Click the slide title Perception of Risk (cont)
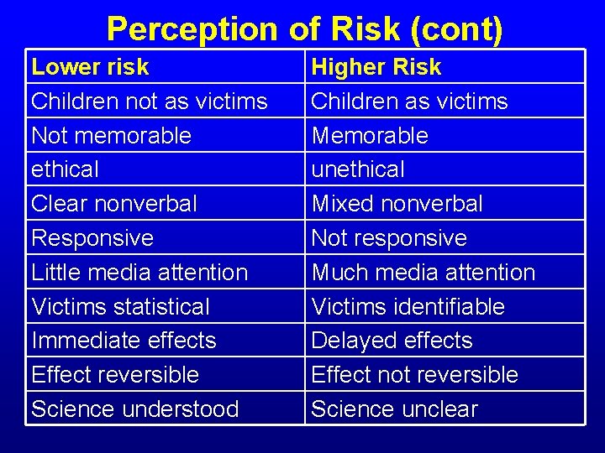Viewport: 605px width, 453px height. tap(304, 29)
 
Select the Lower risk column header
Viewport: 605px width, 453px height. tap(90, 66)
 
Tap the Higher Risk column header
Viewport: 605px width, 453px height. tap(376, 66)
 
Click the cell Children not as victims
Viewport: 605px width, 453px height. tap(149, 101)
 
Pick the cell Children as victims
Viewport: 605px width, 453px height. tap(409, 101)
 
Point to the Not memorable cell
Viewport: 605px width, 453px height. tap(111, 135)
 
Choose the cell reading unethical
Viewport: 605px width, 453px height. tap(358, 169)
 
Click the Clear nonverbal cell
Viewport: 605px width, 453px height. tap(114, 204)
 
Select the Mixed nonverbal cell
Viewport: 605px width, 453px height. tap(397, 204)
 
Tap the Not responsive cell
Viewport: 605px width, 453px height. tap(389, 238)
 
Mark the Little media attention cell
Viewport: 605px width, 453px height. tap(139, 273)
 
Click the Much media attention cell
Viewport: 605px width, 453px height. tap(423, 273)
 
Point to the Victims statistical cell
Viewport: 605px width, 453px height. tap(120, 307)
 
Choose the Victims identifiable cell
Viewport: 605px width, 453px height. tap(408, 307)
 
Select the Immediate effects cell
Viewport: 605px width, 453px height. tap(124, 341)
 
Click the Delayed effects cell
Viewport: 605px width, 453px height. tap(392, 341)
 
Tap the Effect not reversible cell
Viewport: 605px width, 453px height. tap(414, 374)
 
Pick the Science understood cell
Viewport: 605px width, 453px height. tap(134, 409)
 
